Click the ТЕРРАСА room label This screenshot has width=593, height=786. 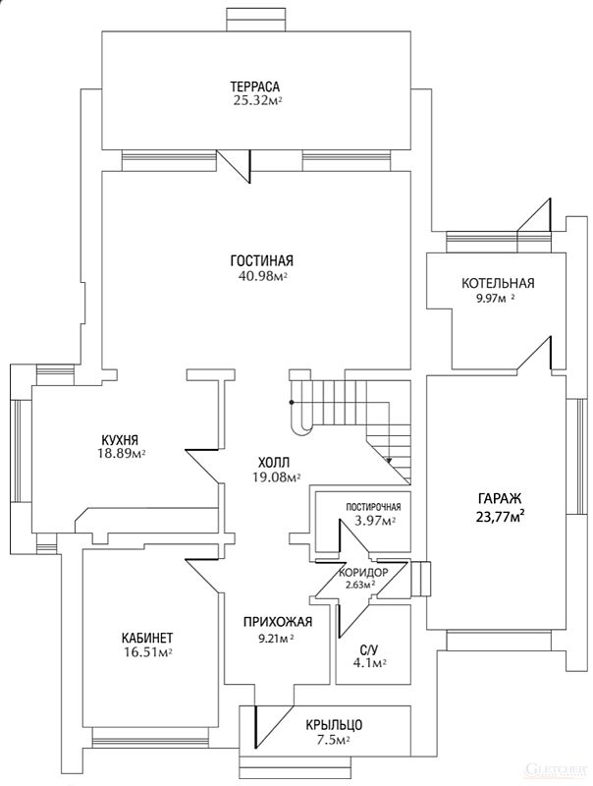pyautogui.click(x=254, y=86)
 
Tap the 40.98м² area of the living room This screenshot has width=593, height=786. pyautogui.click(x=262, y=276)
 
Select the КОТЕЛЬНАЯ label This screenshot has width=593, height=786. pyautogui.click(x=498, y=283)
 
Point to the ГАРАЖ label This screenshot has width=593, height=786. pyautogui.click(x=500, y=499)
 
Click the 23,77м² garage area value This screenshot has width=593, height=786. pyautogui.click(x=500, y=516)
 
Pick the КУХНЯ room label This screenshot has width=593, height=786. pyautogui.click(x=119, y=440)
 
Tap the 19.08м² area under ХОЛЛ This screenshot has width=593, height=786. pyautogui.click(x=277, y=477)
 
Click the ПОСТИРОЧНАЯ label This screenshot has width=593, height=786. pyautogui.click(x=374, y=508)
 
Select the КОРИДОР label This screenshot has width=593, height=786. pyautogui.click(x=363, y=573)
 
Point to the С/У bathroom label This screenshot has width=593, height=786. pyautogui.click(x=368, y=650)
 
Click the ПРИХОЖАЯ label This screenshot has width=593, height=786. pyautogui.click(x=278, y=622)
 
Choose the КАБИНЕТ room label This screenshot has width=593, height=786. pyautogui.click(x=147, y=638)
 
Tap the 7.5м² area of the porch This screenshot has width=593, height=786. pyautogui.click(x=334, y=740)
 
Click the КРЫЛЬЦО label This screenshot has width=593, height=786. pyautogui.click(x=334, y=725)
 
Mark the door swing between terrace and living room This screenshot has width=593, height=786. pyautogui.click(x=235, y=166)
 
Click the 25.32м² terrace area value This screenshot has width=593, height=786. pyautogui.click(x=257, y=101)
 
